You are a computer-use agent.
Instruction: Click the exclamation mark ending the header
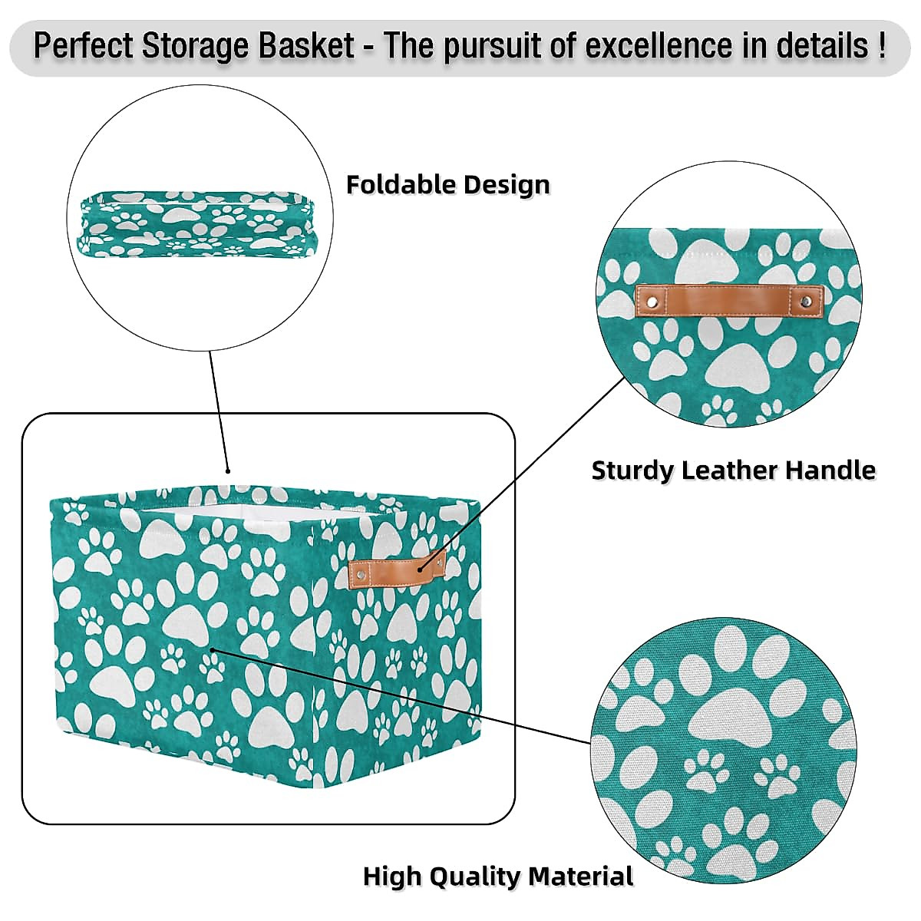point(880,46)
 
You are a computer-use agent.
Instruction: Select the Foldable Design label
point(447,185)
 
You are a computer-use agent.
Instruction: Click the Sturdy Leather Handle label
point(733,470)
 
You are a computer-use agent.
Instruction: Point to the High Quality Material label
point(497,876)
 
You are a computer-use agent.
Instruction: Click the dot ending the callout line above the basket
point(227,471)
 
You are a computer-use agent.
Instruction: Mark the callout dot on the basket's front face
point(213,650)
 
